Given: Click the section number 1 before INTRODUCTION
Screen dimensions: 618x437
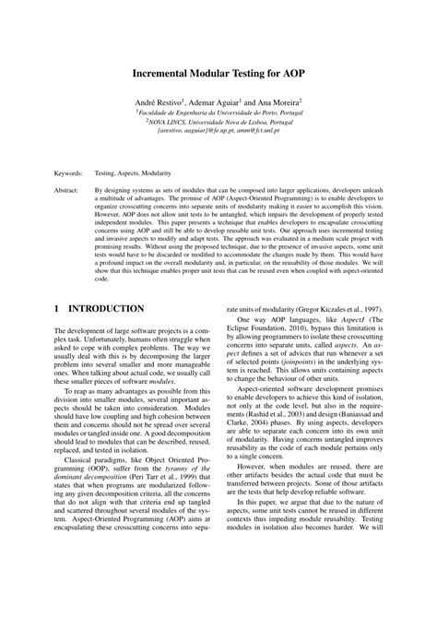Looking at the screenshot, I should point(57,307).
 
